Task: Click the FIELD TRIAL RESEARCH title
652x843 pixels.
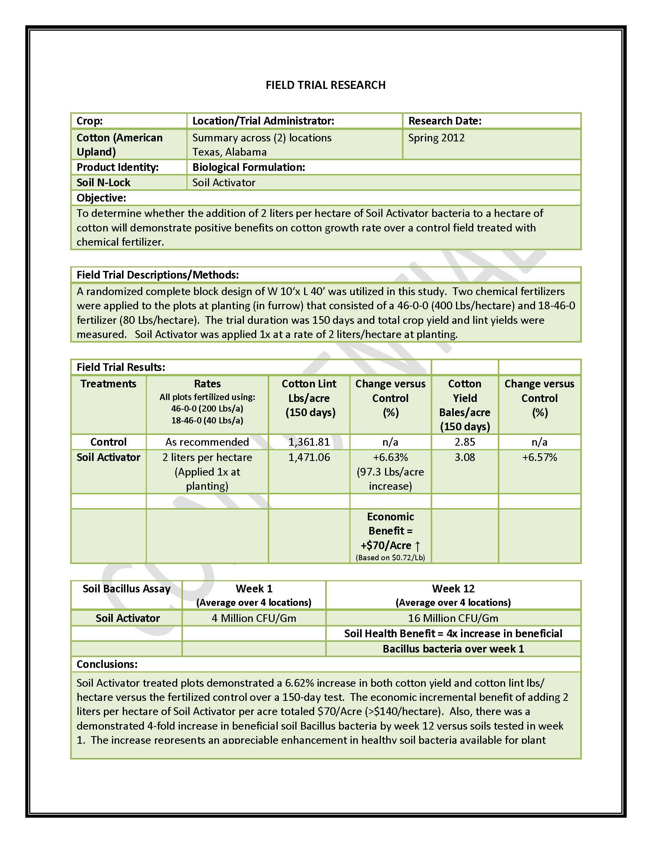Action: click(x=325, y=85)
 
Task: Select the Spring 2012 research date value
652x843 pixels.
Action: click(x=436, y=138)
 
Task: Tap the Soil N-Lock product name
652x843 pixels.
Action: click(x=104, y=182)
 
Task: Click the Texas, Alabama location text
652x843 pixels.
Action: click(x=229, y=152)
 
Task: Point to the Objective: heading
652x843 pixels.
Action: click(x=101, y=198)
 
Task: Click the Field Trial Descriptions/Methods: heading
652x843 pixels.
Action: click(x=158, y=275)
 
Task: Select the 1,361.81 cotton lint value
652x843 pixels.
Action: click(x=309, y=442)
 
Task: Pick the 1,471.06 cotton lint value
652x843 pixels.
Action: click(x=309, y=458)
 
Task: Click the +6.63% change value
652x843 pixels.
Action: click(x=390, y=458)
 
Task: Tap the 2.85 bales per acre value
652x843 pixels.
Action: click(x=465, y=442)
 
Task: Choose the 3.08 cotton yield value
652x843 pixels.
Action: click(x=465, y=458)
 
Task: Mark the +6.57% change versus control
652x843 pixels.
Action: click(x=539, y=458)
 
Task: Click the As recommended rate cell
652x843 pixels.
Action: click(x=207, y=442)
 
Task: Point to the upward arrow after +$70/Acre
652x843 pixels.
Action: click(x=418, y=546)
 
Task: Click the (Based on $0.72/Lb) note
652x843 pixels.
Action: click(x=390, y=558)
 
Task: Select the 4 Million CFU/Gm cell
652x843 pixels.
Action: click(x=254, y=618)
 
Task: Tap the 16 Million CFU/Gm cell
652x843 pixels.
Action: click(x=453, y=618)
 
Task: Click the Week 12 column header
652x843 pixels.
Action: click(x=453, y=589)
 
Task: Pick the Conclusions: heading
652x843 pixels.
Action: click(x=107, y=664)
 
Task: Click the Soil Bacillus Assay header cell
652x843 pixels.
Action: click(x=126, y=589)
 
